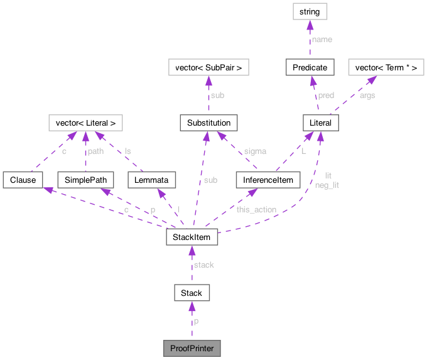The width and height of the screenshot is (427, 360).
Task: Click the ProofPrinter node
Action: [192, 347]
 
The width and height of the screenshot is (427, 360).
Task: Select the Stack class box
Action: [192, 293]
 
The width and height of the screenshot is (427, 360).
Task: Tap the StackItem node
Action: [192, 237]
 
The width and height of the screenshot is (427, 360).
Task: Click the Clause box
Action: [22, 180]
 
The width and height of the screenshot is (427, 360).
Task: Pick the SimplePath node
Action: [85, 180]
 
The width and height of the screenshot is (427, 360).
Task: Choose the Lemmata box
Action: [151, 180]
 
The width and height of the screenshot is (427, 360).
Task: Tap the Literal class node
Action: [321, 123]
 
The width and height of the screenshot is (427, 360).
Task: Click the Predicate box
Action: [310, 67]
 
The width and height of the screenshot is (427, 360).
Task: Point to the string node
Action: [310, 11]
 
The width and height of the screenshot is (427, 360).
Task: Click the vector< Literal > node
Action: [85, 123]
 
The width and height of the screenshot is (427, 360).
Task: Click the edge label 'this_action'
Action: [256, 209]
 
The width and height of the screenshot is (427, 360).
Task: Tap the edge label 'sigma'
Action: [254, 151]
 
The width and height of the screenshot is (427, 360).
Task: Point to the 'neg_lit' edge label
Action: [327, 185]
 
